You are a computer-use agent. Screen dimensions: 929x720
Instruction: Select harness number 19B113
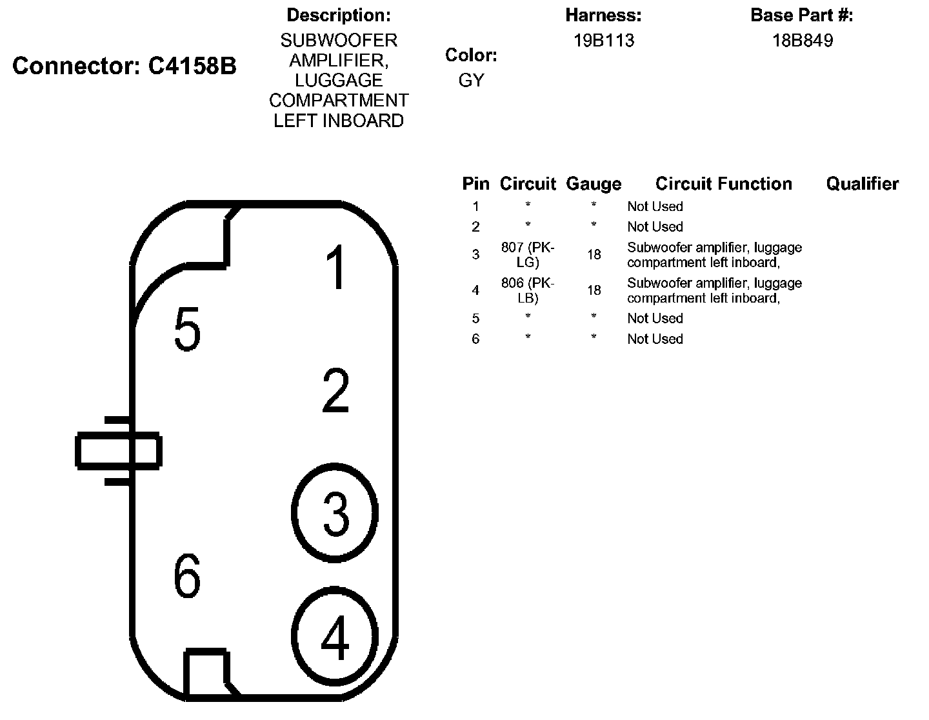604,41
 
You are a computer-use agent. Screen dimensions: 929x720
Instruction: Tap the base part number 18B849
803,41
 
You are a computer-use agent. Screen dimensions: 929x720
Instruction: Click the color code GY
471,81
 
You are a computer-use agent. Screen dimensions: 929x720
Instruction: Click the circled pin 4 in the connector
335,637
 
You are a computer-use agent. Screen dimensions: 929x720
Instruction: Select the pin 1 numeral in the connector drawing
336,267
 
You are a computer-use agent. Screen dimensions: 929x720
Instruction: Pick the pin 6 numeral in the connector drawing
187,575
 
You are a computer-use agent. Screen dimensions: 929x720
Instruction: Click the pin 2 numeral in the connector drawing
335,391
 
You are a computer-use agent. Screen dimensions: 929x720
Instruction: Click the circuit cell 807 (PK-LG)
528,255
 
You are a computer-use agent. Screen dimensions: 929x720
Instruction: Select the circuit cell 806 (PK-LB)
528,290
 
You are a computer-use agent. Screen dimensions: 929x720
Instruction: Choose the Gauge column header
594,184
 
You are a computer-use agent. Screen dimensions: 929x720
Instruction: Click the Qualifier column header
862,184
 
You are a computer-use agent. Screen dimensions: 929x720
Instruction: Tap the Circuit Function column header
723,184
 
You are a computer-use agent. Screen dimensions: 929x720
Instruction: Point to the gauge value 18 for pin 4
594,290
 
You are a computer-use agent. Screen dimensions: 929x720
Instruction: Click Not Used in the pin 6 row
655,339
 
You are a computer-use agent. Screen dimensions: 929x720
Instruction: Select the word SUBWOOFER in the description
339,41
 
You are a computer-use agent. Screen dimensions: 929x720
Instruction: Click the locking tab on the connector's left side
117,450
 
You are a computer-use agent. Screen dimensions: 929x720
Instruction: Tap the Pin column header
475,184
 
